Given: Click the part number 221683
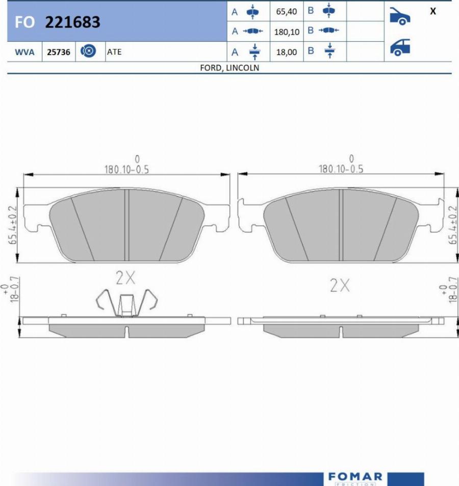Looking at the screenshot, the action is click(x=72, y=22).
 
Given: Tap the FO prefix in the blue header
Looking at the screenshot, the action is click(x=24, y=22).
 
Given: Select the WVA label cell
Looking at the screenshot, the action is click(x=24, y=52).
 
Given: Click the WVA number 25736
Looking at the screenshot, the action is click(x=59, y=52).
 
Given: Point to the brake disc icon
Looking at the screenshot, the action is click(x=88, y=51).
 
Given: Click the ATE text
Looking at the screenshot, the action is click(x=114, y=52).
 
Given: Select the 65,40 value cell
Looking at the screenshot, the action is click(x=287, y=11).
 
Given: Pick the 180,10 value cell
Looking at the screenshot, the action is click(x=287, y=32).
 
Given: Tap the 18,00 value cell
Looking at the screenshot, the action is click(x=287, y=52).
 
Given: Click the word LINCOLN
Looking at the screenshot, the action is click(x=243, y=67).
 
